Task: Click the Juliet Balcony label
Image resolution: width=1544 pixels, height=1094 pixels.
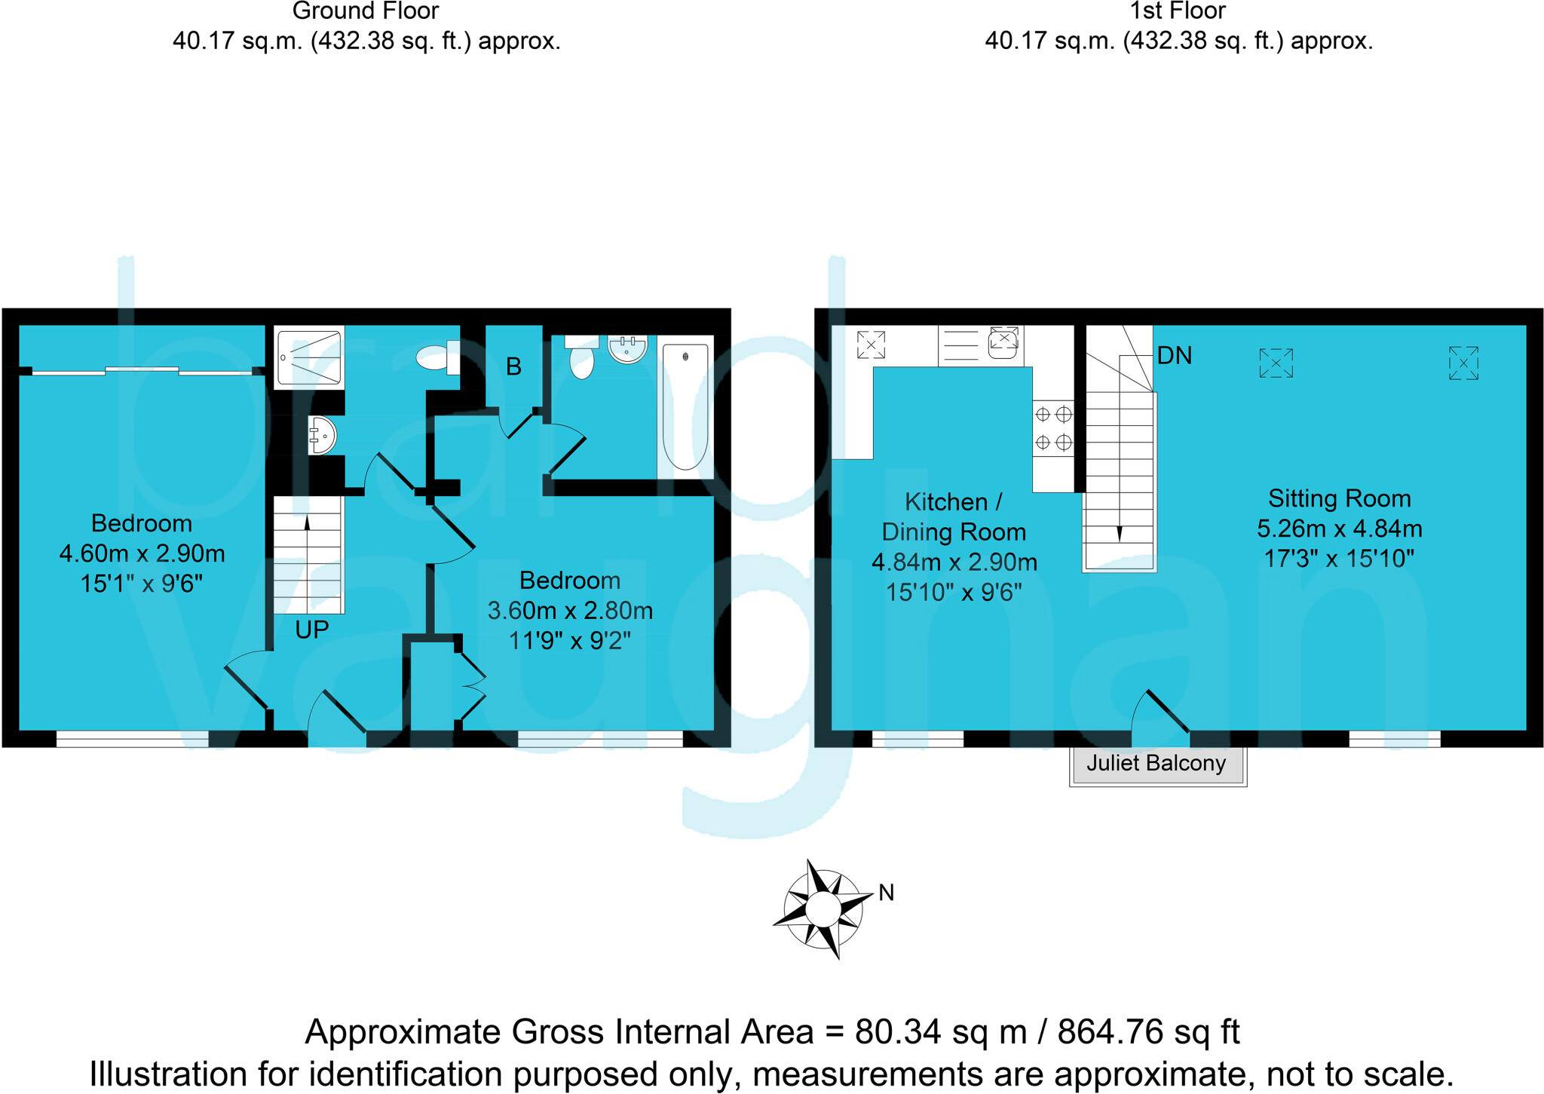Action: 1156,764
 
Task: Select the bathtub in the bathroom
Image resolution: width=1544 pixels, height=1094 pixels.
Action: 685,407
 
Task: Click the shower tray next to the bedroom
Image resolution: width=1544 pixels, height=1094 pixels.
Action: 308,357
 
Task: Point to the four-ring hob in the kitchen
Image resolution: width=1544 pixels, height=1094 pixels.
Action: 1053,428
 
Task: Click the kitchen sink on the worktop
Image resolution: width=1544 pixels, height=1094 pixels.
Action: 1003,345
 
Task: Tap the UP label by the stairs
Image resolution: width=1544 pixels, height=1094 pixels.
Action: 311,630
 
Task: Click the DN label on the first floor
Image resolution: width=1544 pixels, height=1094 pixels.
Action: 1174,356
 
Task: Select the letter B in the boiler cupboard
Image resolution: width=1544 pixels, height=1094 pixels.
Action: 513,367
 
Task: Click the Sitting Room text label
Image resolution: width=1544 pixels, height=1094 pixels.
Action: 1339,498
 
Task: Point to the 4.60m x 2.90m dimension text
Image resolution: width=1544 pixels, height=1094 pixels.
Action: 142,554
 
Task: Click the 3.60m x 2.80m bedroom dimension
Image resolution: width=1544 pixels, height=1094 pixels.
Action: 570,611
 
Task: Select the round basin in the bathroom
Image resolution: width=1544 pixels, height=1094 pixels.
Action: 627,349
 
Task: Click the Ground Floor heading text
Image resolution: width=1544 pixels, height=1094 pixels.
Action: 366,11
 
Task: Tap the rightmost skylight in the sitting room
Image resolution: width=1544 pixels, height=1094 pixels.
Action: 1463,363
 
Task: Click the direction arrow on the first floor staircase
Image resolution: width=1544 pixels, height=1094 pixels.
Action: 1119,532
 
